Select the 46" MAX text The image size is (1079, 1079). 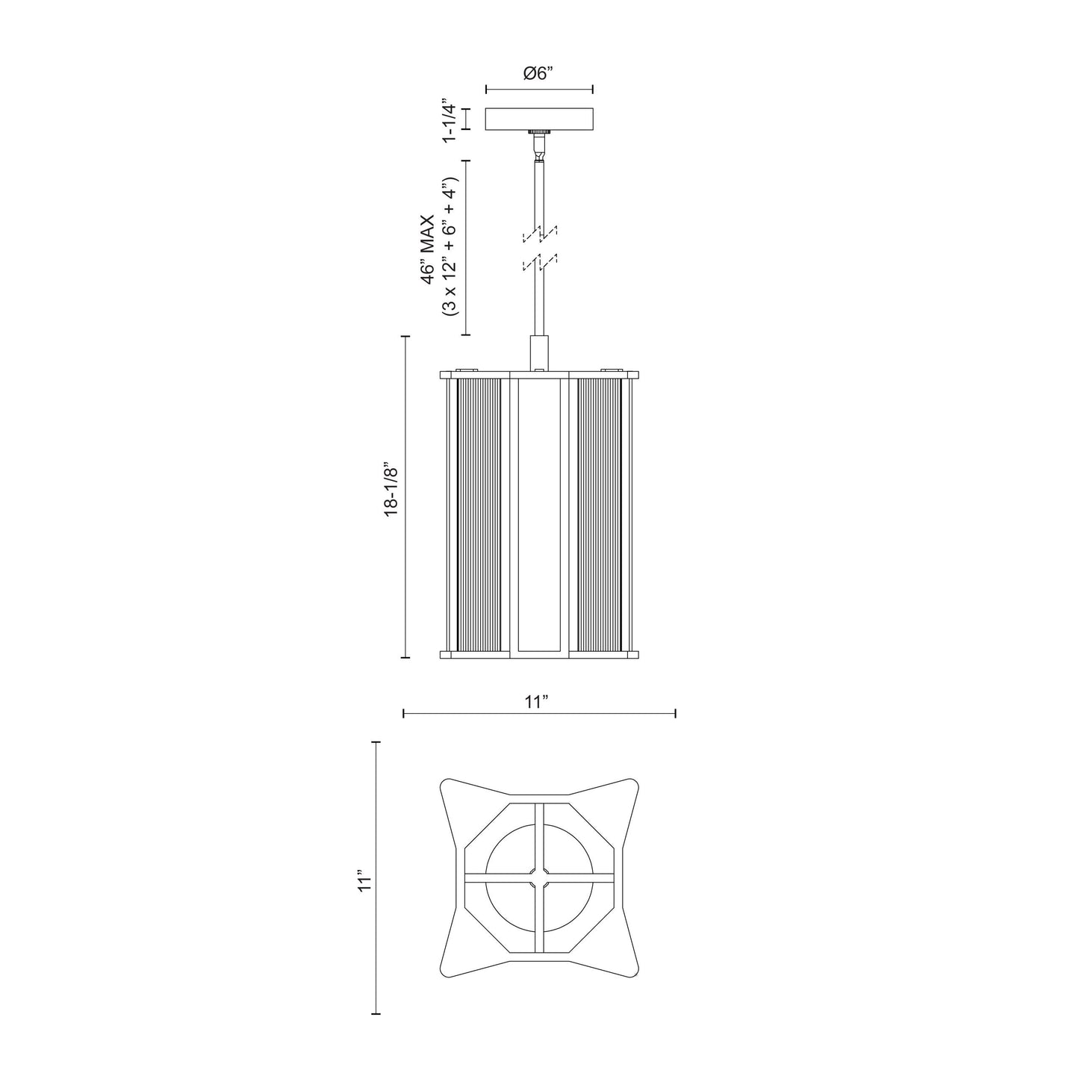click(x=427, y=249)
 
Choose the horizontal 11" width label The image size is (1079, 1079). click(x=537, y=702)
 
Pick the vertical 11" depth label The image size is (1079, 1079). click(x=364, y=880)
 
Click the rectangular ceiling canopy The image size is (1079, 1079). click(x=539, y=119)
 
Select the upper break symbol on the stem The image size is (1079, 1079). click(x=540, y=234)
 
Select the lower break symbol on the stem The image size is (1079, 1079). click(x=540, y=262)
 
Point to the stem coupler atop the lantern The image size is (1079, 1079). click(x=539, y=352)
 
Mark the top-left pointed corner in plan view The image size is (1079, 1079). click(x=448, y=786)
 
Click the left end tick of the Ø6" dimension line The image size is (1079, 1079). click(x=486, y=90)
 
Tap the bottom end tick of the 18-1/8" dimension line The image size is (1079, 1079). click(x=405, y=658)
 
